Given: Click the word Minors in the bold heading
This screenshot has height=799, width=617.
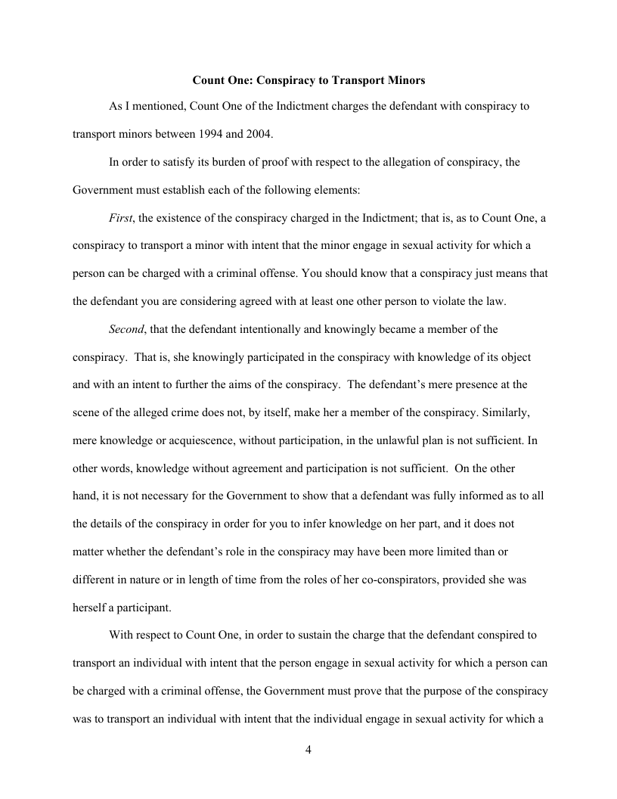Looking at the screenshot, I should (405, 79).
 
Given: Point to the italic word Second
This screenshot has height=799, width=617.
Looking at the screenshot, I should (127, 328).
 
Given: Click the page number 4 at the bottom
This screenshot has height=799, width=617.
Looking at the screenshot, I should (308, 750).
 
